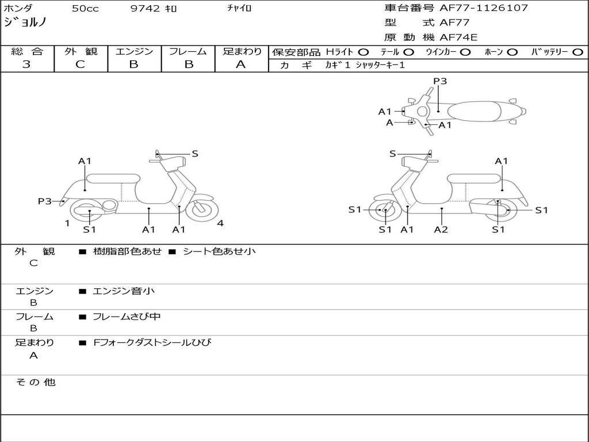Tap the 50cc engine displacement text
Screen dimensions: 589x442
(84, 9)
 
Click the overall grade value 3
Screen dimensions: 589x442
(26, 64)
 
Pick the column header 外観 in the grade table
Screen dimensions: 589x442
(81, 52)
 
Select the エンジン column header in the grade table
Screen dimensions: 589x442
(134, 52)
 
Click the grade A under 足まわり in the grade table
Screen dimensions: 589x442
(241, 64)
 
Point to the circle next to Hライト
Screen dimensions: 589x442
(364, 52)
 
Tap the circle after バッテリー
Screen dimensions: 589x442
(577, 52)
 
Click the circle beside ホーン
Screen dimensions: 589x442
(512, 52)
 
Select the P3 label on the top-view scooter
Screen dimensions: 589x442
(440, 81)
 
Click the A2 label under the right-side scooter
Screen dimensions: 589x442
(441, 230)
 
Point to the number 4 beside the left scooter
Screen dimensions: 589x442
(220, 223)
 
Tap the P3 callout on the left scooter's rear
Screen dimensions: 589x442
(45, 201)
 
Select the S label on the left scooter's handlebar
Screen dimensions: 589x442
(195, 154)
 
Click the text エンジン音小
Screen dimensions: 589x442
(124, 291)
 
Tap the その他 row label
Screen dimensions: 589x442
(35, 382)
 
